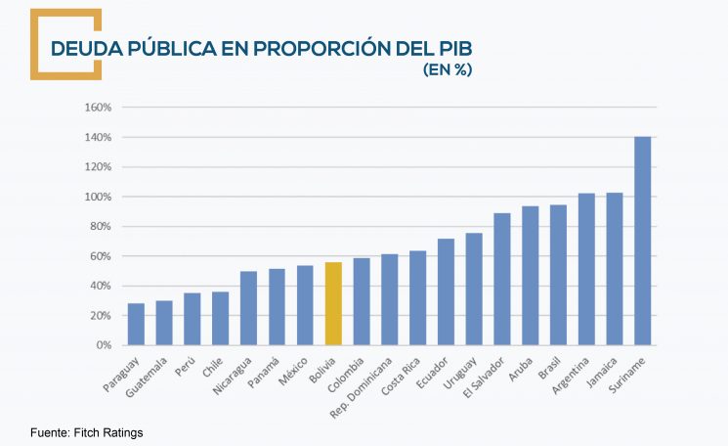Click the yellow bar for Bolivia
point(333,304)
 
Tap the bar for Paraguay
point(136,325)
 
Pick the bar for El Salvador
point(502,280)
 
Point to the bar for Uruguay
point(474,290)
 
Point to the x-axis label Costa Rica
point(404,376)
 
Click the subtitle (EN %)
point(448,70)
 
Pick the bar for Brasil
point(559,275)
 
